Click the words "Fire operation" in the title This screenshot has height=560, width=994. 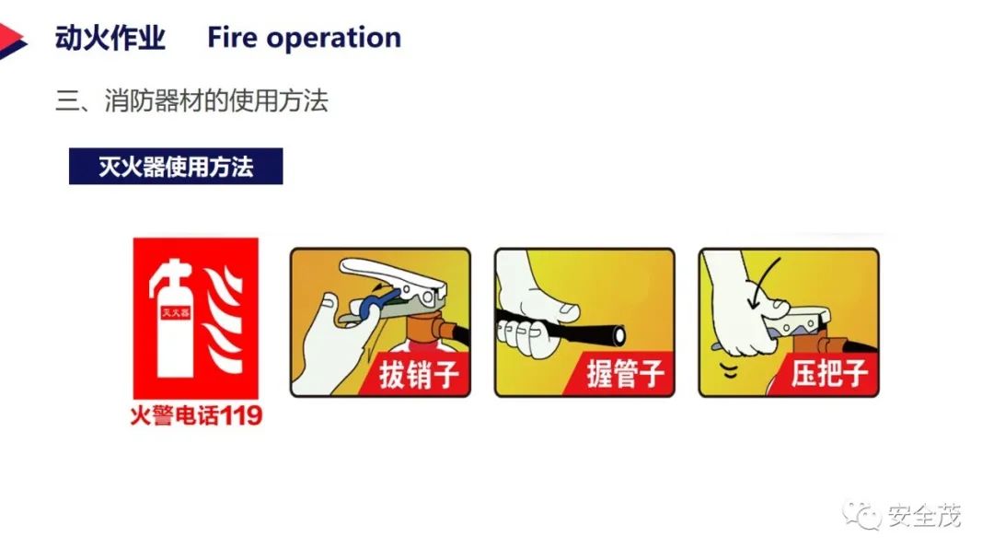pos(305,38)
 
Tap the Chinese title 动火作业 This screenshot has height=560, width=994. pos(110,38)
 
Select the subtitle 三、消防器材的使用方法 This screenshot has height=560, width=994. pos(191,100)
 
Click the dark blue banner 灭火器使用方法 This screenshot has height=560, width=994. pos(176,166)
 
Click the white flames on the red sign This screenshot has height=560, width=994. pos(223,321)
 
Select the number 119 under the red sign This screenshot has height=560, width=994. pos(240,416)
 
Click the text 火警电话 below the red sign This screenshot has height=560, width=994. pos(175,416)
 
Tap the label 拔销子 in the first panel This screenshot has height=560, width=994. pos(419,374)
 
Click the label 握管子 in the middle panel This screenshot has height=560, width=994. pos(625,374)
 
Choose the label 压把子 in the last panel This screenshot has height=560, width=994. pos(829,373)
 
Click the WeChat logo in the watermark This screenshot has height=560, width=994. pos(861,514)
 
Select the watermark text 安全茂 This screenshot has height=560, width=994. pos(924,515)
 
